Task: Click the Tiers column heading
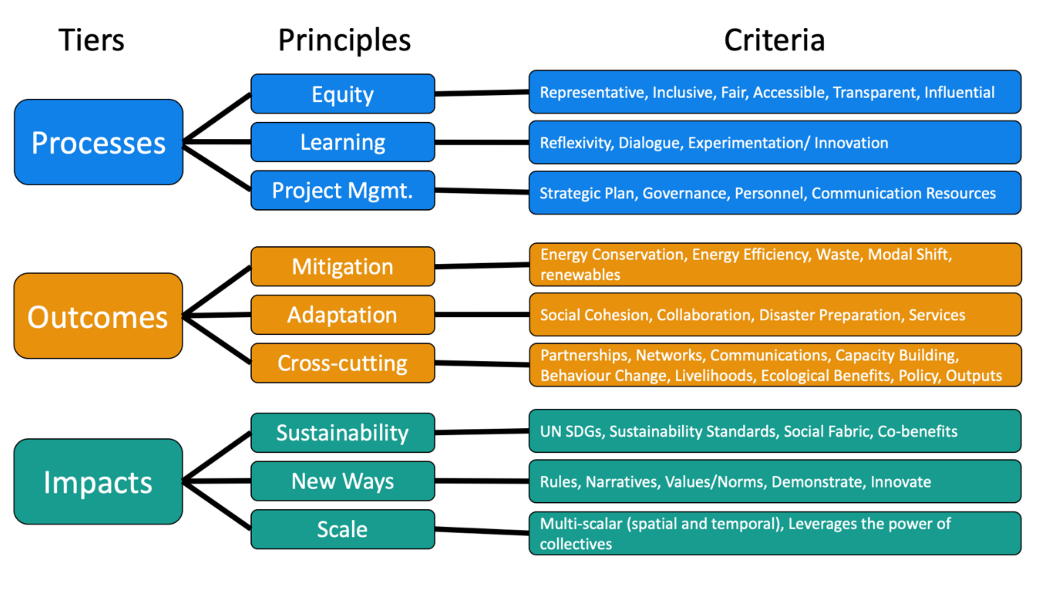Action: tap(91, 40)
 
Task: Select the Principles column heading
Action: tap(344, 40)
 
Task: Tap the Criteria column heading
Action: tap(774, 40)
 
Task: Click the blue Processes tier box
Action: tap(98, 142)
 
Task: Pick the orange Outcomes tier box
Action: tap(98, 316)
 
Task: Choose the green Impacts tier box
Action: tap(98, 482)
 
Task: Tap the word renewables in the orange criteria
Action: tap(580, 275)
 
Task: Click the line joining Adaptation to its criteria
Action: tap(482, 314)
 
